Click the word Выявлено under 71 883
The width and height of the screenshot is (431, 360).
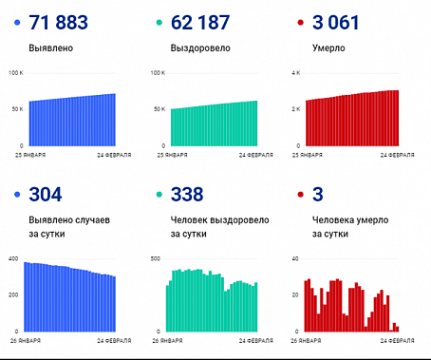(51, 47)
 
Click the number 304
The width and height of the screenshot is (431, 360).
(45, 195)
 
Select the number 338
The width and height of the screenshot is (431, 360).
(187, 195)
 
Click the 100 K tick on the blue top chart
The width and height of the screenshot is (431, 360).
(16, 72)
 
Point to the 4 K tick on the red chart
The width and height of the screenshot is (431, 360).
(294, 72)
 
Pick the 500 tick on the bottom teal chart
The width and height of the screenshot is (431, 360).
(156, 258)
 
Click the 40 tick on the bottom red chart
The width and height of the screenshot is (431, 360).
(295, 258)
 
